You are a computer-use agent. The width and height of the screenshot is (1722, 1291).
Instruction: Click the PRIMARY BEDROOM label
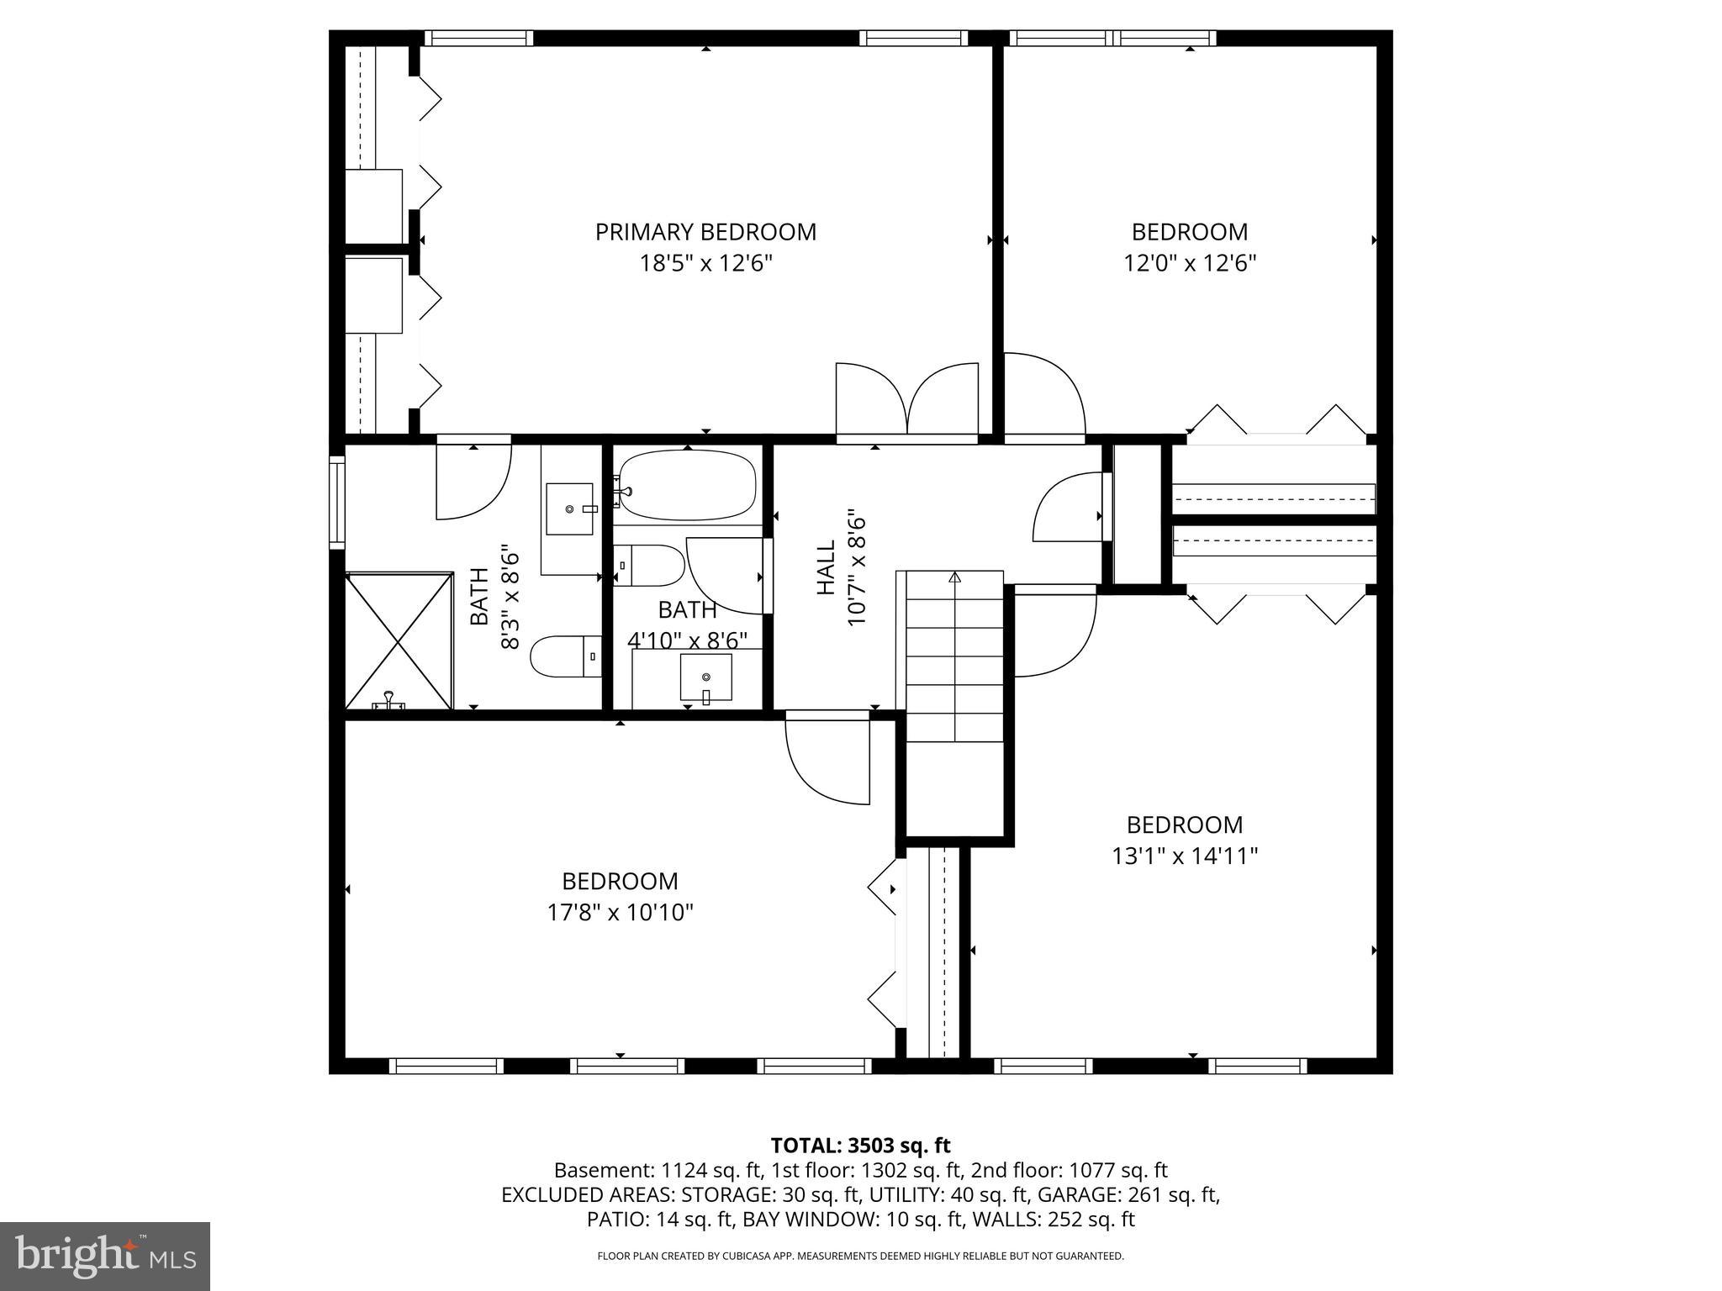(705, 232)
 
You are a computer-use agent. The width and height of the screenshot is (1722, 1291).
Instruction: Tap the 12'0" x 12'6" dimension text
(1189, 264)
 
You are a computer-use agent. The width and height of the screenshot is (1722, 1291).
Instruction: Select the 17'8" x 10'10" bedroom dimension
(621, 913)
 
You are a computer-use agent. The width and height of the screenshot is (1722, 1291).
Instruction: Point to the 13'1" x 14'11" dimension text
(1184, 856)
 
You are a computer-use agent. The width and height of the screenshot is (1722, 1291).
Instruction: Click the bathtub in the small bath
(688, 485)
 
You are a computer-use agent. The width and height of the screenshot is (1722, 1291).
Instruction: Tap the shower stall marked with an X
(399, 640)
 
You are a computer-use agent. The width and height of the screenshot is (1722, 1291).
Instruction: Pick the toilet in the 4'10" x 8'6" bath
(648, 565)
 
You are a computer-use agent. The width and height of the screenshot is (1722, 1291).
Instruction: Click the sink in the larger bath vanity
(570, 508)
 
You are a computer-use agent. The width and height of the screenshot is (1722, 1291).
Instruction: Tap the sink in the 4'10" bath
(705, 677)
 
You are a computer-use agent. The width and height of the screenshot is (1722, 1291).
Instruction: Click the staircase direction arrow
(954, 577)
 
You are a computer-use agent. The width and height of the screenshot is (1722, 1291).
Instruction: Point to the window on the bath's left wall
(336, 502)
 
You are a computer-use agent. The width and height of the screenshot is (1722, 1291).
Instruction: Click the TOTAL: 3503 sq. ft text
(860, 1146)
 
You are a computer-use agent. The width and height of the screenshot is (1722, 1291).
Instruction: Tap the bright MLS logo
(105, 1256)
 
